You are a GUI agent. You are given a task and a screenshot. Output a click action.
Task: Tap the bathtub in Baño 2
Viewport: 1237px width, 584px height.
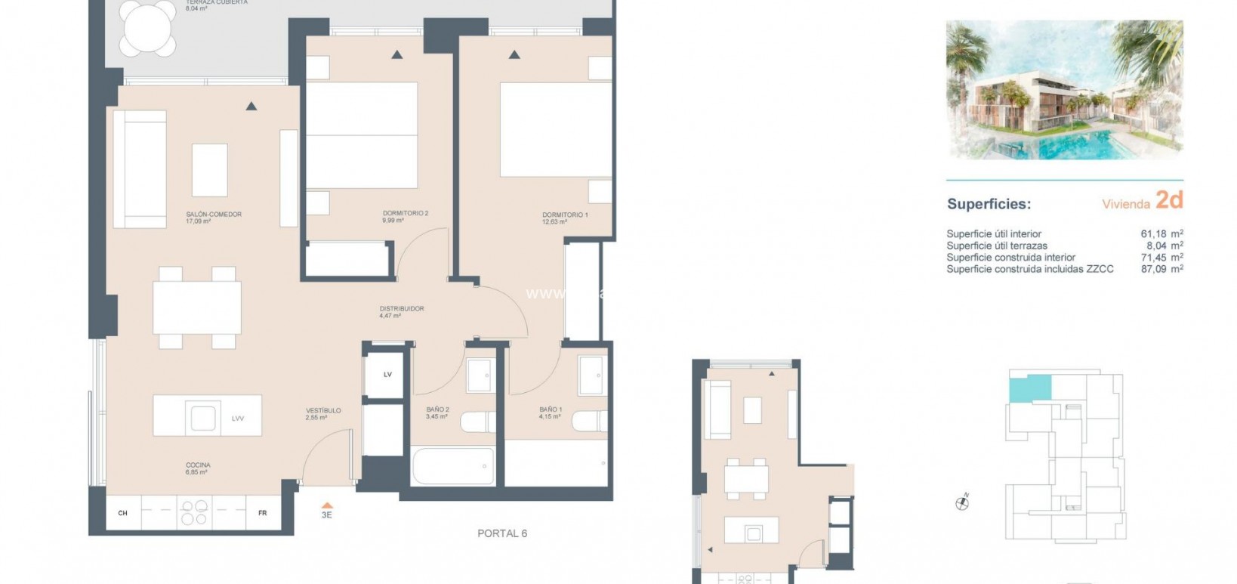[453, 466]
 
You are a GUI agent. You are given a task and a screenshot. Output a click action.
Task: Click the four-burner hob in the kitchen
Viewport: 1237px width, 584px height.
[194, 513]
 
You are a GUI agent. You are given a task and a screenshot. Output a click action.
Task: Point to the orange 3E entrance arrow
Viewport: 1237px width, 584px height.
[326, 506]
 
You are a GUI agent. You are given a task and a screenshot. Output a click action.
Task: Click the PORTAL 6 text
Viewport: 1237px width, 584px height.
[502, 533]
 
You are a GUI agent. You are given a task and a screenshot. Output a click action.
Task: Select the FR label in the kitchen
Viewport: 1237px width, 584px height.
[262, 513]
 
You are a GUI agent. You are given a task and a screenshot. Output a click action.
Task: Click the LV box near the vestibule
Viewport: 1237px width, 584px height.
[387, 375]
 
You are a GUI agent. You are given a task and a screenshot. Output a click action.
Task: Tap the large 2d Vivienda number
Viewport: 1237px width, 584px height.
[1169, 200]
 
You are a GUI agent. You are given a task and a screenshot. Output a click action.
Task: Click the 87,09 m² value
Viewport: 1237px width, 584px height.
[1161, 269]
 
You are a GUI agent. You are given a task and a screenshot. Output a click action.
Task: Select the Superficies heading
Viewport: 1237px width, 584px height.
[989, 204]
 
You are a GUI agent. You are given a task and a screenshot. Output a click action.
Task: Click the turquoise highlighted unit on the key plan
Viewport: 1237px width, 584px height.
[1030, 389]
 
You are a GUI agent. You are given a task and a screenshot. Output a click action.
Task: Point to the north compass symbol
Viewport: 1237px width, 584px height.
[962, 502]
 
